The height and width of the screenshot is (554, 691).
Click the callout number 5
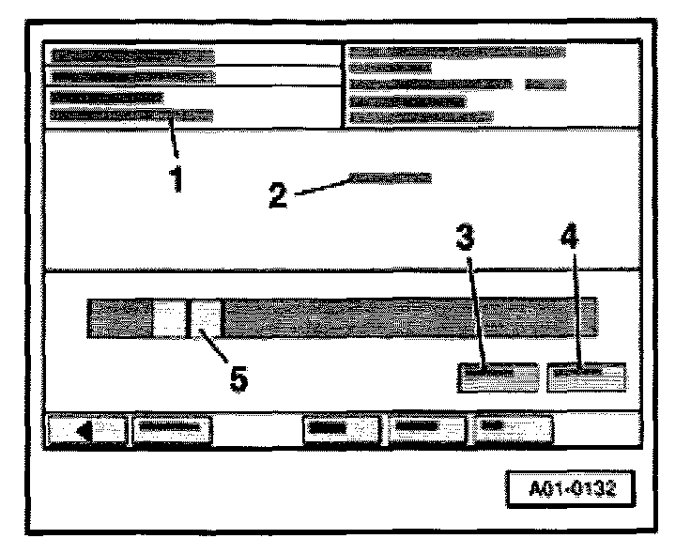click(x=238, y=380)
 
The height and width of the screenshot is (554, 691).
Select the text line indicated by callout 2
click(x=390, y=177)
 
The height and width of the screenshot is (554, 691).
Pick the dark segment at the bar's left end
click(x=119, y=317)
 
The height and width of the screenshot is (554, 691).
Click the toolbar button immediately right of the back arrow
click(x=172, y=429)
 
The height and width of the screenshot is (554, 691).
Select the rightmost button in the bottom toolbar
click(x=512, y=429)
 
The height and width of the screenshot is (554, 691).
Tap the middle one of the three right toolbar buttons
click(x=426, y=429)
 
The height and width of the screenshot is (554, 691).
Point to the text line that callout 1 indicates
click(x=132, y=116)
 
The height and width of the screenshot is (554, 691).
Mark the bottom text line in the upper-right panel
click(x=422, y=117)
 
